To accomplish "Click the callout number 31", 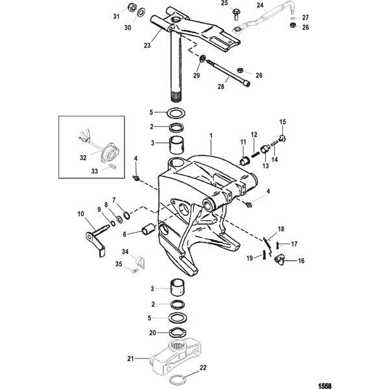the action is [116, 17].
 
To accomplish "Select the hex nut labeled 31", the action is [132, 8].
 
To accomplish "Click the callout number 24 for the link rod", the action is [260, 5].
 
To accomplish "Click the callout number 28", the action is [221, 86].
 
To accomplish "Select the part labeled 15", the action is [282, 138].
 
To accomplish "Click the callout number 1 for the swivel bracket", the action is [211, 136].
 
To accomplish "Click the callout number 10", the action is [81, 214].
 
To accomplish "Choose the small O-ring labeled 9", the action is [113, 224].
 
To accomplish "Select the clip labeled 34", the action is [140, 262].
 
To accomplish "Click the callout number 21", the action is [130, 359].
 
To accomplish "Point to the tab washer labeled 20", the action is [178, 332].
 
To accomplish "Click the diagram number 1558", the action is [325, 386].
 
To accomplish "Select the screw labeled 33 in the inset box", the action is [112, 167].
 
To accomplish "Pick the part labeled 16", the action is [280, 260].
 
